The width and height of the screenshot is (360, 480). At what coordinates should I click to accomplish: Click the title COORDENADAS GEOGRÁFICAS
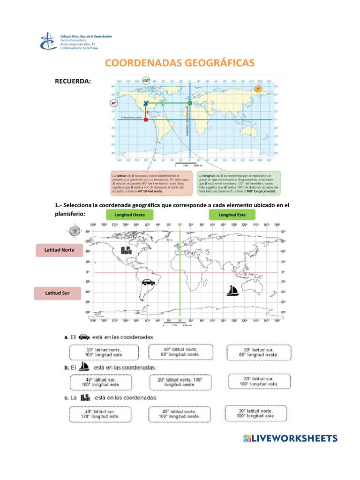tap(180, 63)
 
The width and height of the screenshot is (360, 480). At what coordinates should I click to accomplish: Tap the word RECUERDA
tap(73, 82)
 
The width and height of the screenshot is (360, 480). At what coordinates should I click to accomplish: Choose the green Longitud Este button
tap(232, 215)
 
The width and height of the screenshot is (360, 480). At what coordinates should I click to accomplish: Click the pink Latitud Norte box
tap(60, 250)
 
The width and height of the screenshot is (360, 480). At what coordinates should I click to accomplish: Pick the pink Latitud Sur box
tap(57, 293)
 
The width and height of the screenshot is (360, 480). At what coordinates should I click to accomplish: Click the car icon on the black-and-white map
tap(148, 282)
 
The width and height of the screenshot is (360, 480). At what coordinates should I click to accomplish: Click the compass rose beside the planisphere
tap(75, 231)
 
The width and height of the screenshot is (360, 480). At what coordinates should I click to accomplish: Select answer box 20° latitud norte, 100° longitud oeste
tap(104, 352)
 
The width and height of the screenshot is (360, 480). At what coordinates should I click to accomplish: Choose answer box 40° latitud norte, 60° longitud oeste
tap(180, 352)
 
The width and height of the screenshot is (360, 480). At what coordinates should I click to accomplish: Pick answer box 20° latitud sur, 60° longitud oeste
tap(258, 352)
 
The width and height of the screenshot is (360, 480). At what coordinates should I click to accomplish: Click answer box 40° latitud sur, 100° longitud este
tap(101, 382)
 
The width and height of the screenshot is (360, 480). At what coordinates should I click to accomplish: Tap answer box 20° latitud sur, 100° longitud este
tap(259, 381)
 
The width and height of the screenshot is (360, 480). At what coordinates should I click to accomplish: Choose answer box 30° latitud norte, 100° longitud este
tap(255, 413)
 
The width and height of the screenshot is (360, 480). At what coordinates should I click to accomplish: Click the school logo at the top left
tap(48, 41)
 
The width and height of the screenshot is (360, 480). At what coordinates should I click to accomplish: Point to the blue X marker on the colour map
tap(146, 103)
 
